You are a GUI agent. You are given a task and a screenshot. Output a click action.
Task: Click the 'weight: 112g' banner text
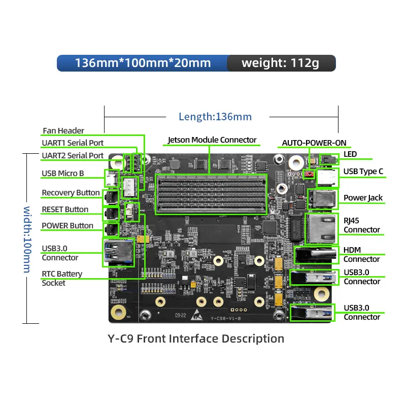(x=280, y=63)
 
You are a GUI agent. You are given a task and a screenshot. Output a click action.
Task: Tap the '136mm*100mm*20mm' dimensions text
(x=143, y=63)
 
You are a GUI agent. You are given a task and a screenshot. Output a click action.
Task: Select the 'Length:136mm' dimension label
(x=215, y=117)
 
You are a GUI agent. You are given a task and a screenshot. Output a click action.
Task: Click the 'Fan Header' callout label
(x=63, y=130)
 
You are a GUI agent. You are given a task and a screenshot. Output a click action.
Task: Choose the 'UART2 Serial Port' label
(x=73, y=155)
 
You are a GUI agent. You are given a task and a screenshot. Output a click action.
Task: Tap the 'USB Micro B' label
(x=63, y=174)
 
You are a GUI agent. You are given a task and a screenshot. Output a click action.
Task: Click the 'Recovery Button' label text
(x=71, y=193)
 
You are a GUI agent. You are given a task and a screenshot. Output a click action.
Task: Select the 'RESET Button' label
(x=65, y=209)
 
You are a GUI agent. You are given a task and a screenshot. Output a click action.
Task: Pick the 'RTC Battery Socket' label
(x=61, y=278)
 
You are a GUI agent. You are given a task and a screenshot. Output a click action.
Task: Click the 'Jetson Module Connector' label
(x=212, y=140)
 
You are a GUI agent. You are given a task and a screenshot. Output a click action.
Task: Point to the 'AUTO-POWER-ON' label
(x=314, y=143)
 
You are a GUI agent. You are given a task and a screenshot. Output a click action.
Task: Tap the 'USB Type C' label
(x=363, y=172)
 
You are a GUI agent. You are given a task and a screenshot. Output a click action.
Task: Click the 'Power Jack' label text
(x=363, y=197)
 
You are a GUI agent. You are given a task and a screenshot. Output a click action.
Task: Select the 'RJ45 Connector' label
(x=361, y=225)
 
